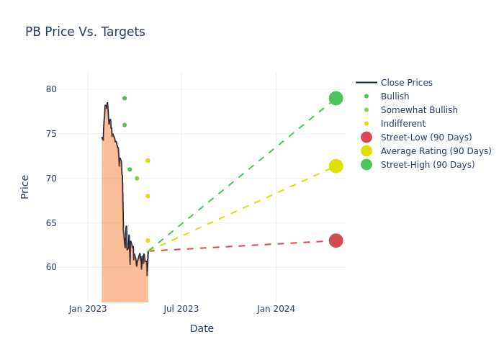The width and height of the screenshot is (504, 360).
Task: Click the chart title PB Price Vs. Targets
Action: [x=85, y=32]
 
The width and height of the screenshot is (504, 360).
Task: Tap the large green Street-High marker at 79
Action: [x=336, y=98]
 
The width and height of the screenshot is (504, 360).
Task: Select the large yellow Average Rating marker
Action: [x=336, y=166]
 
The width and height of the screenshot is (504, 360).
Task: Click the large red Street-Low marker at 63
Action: [x=336, y=240]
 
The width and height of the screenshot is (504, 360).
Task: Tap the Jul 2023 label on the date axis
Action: [x=181, y=309]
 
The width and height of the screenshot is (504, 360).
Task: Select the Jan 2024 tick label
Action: [x=276, y=309]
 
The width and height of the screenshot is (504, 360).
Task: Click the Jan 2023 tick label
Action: [x=88, y=309]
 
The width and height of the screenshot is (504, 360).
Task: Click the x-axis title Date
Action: [x=202, y=328]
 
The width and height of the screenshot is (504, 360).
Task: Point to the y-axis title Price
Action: [x=25, y=186]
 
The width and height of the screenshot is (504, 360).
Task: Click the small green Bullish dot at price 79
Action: [x=125, y=98]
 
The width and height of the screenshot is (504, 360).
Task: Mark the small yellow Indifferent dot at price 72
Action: [x=148, y=161]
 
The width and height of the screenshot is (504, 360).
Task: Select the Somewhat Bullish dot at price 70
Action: [x=137, y=179]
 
